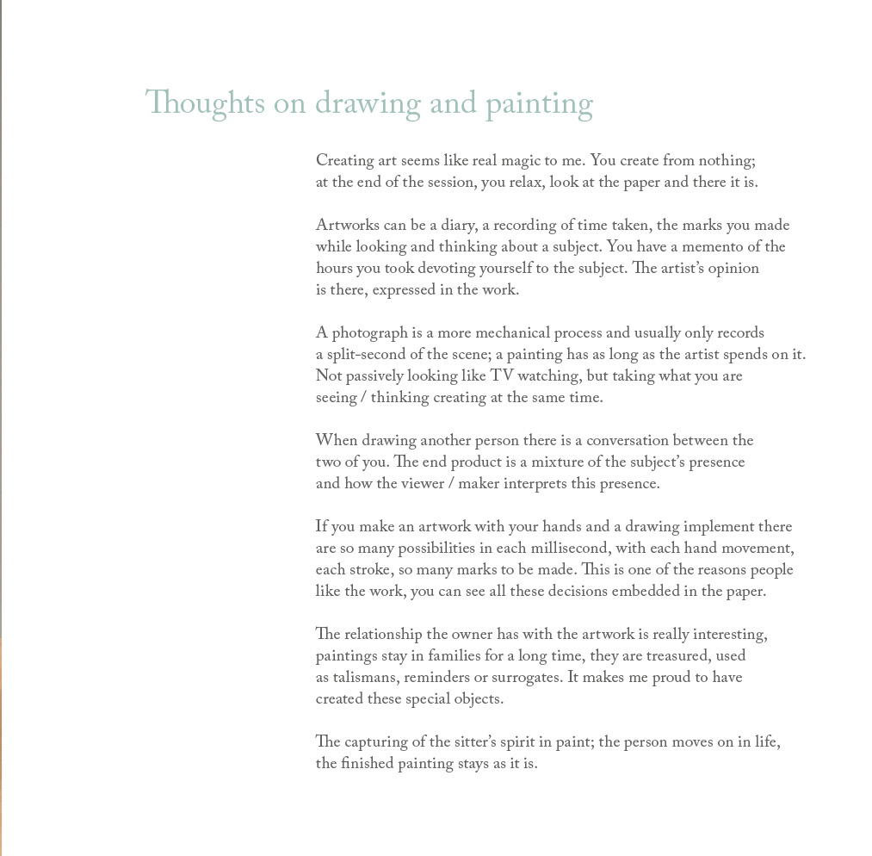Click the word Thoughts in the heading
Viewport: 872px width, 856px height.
[x=205, y=105]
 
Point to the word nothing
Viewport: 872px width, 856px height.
[x=725, y=162]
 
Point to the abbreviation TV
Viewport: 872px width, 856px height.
[x=501, y=376]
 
